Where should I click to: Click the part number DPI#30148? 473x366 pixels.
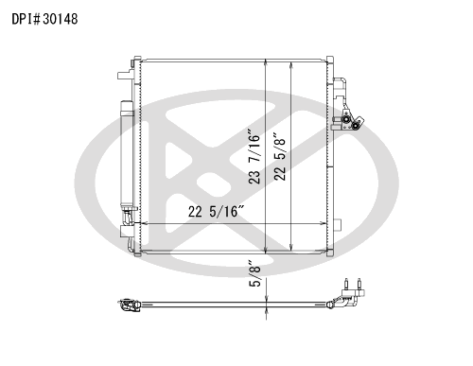tap(44, 19)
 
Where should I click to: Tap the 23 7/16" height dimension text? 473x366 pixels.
tap(254, 156)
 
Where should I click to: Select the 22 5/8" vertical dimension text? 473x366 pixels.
tap(280, 159)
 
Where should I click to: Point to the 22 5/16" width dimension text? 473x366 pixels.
tap(217, 211)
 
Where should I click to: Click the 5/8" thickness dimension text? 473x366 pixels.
tap(255, 273)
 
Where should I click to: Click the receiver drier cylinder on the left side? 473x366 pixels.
tap(127, 153)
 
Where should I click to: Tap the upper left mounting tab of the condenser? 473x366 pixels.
tap(126, 75)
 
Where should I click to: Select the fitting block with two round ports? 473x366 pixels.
tap(350, 121)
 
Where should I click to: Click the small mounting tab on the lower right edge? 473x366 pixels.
tap(338, 225)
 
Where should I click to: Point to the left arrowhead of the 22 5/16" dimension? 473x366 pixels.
tap(143, 223)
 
